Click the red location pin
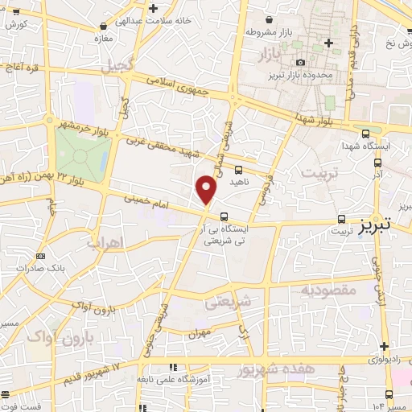207,189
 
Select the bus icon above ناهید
238,170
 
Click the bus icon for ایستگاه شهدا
366,134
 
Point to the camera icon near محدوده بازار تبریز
300,63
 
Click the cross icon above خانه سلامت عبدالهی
153,7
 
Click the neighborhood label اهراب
102,241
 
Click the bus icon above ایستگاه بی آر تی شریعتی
224,216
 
